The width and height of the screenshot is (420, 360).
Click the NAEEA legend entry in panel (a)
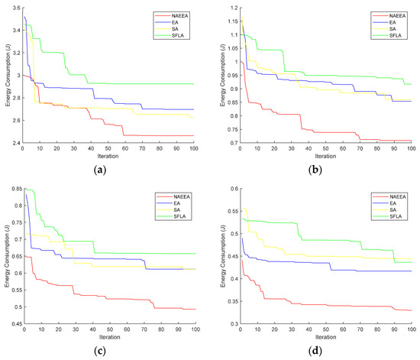tap(171, 14)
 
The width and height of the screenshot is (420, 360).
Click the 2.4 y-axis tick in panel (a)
tap(15, 142)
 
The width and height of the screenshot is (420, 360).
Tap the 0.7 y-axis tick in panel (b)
tap(231, 142)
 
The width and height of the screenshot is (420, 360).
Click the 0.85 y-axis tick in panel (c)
tap(13, 190)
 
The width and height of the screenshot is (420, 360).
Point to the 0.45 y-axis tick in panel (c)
tap(13, 324)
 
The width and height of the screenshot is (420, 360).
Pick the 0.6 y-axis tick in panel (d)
tap(232, 189)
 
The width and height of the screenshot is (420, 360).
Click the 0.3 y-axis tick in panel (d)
tap(232, 324)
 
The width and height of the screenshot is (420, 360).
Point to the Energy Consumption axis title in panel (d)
tap(221, 256)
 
